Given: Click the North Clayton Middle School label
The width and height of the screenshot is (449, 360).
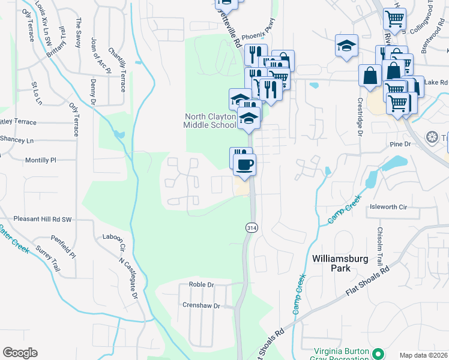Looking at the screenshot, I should click(209, 121).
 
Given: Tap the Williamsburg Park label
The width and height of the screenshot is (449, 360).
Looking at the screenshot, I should click(339, 263).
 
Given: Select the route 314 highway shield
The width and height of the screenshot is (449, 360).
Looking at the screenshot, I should click(251, 227).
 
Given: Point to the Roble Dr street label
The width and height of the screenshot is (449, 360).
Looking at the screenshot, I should click(202, 284).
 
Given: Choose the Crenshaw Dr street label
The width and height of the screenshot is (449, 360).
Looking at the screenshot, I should click(201, 305).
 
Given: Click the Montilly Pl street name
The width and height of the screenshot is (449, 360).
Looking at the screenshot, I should click(40, 161).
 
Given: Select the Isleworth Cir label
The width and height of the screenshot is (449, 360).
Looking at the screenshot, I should click(388, 207).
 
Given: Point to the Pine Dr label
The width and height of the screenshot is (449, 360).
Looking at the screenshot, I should click(399, 145).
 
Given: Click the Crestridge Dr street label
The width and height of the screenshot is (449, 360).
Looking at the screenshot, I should click(360, 117).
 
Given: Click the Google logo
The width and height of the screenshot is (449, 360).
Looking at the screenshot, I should click(20, 353).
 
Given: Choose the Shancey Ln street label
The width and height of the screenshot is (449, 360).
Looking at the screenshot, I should click(17, 140).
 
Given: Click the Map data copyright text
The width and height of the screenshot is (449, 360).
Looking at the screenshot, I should click(424, 355).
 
